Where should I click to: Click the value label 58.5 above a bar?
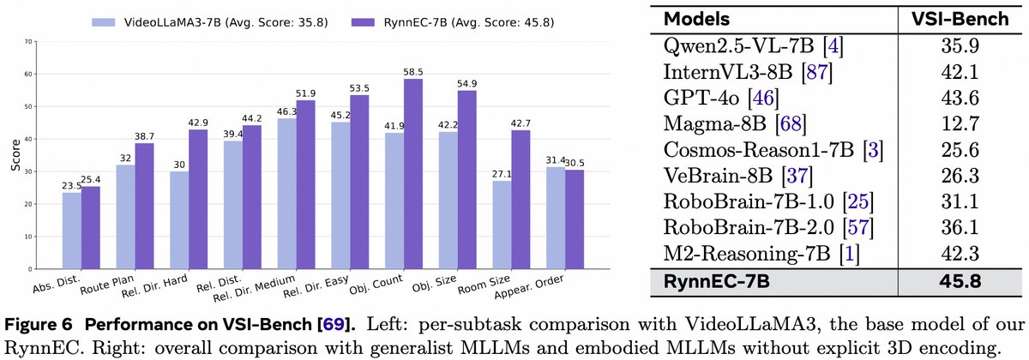click(413, 70)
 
